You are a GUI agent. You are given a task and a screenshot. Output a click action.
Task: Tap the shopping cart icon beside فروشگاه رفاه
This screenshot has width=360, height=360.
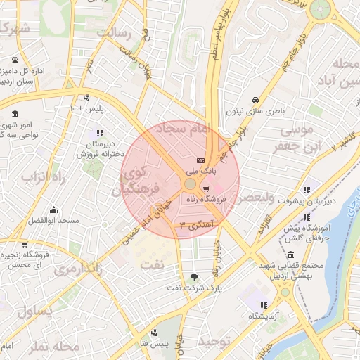tap(205, 188)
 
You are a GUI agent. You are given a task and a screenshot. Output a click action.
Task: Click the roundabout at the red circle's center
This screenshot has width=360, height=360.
tap(190, 184)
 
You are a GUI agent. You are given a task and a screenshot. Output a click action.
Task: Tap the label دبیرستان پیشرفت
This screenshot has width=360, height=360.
tap(327, 200)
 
